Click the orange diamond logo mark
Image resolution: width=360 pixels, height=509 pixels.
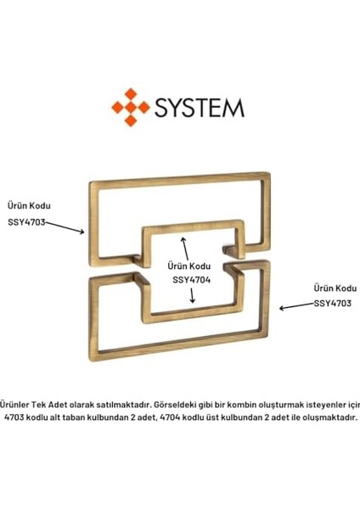pos(131,107)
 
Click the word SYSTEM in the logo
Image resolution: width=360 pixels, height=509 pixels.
pos(200,108)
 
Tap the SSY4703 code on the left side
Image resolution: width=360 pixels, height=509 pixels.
pos(26,222)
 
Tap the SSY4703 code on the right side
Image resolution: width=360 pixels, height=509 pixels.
pos(332,303)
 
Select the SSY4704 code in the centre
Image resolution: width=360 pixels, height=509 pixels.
pos(191,280)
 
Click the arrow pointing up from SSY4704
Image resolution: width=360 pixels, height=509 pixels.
pos(185,249)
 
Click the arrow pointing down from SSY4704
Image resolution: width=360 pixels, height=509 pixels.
pos(193,295)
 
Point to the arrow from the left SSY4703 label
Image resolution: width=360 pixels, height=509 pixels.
pos(65,227)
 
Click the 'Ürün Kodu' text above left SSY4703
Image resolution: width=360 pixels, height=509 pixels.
pos(29,205)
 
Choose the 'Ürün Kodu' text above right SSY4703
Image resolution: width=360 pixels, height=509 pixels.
pos(335,288)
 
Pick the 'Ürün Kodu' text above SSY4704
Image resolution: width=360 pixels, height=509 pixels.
pos(189,266)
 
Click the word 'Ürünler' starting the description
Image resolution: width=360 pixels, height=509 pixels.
pos(14,405)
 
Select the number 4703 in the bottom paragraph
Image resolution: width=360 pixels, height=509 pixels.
pos(14,417)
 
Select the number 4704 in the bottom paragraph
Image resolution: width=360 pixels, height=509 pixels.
pos(171,417)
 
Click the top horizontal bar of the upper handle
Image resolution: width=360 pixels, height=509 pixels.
pos(180,180)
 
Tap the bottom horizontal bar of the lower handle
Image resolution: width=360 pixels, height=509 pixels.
pos(180,345)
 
